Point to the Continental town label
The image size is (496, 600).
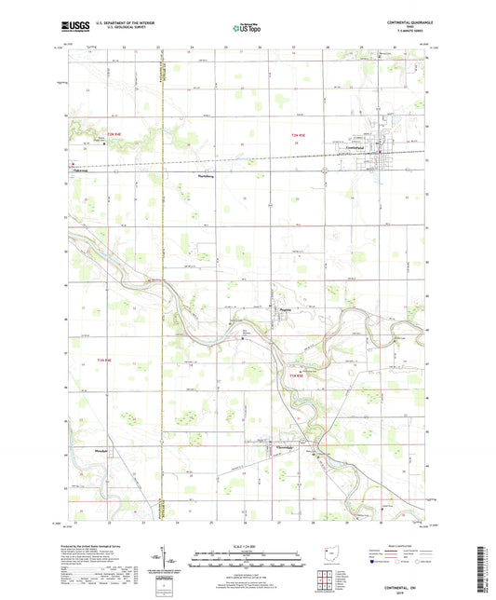[355, 149]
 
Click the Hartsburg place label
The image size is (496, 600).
[206, 175]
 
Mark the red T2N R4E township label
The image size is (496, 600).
[114, 137]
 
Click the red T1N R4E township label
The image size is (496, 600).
[102, 358]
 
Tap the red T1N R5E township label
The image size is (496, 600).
[296, 375]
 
